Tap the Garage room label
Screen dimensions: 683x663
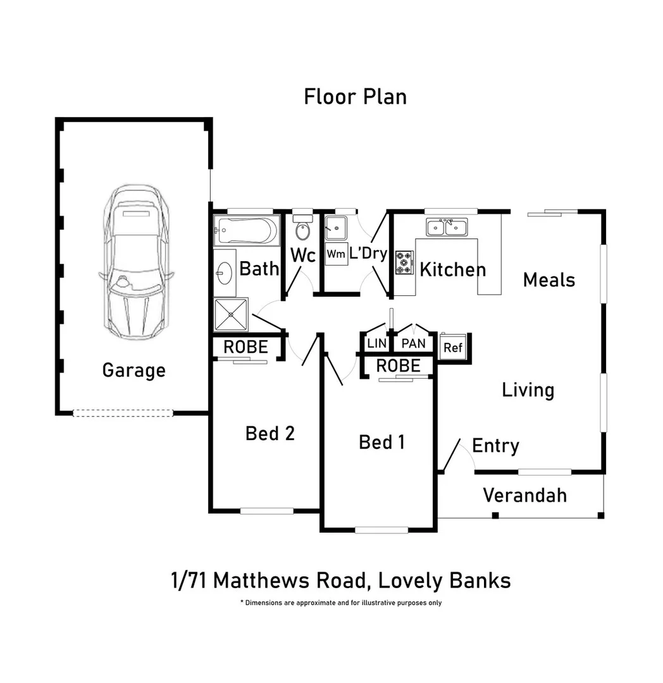click(x=133, y=370)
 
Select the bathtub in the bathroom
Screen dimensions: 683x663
click(x=246, y=230)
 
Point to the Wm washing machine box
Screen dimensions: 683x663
click(x=336, y=254)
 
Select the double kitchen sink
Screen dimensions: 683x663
click(x=447, y=227)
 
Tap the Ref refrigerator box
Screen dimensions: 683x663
click(x=452, y=347)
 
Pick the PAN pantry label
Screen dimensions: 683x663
click(x=414, y=344)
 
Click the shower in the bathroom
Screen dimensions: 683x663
click(x=231, y=314)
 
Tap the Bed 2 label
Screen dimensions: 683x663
click(x=270, y=433)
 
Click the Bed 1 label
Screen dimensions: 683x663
click(x=381, y=441)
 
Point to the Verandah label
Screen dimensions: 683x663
click(x=524, y=495)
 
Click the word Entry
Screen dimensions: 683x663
click(x=495, y=446)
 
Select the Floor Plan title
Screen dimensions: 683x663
click(x=355, y=97)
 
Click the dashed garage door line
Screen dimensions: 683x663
click(x=123, y=413)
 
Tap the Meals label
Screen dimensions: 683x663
click(x=548, y=280)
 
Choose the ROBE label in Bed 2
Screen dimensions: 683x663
click(x=245, y=347)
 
